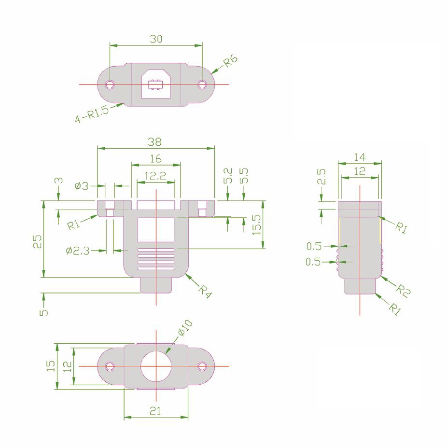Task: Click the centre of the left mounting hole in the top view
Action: (110, 84)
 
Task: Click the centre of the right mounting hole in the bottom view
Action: (202, 366)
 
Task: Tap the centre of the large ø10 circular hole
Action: (156, 366)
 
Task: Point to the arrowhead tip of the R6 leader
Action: (211, 73)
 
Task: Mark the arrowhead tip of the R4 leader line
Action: (185, 274)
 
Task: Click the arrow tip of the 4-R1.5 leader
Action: (124, 103)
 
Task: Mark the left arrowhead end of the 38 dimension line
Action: (98, 148)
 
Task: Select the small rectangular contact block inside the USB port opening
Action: (155, 85)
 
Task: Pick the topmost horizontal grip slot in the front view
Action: (156, 250)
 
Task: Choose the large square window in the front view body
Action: (156, 230)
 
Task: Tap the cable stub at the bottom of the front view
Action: (156, 285)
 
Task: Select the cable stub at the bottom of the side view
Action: (360, 286)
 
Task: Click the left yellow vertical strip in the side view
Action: (340, 231)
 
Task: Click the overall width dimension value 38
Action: (155, 142)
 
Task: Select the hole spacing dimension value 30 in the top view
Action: (156, 39)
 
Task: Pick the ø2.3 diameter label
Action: (78, 251)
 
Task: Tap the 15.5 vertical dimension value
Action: (257, 225)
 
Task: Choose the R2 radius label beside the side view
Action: (403, 291)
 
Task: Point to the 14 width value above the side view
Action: (360, 157)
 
